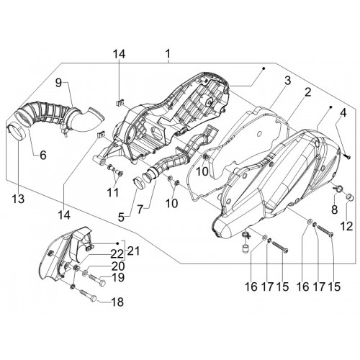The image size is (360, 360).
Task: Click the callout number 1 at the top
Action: point(168,54)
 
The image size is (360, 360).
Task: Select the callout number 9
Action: point(58,83)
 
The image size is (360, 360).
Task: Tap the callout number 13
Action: point(19,199)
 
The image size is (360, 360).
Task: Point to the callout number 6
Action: point(43,155)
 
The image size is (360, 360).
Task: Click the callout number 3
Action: point(288,81)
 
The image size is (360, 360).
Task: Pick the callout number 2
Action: point(308,92)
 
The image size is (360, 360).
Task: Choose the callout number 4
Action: point(343,113)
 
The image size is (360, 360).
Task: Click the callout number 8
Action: point(335,210)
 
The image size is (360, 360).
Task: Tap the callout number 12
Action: point(347,226)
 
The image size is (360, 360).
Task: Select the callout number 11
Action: point(113,192)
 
